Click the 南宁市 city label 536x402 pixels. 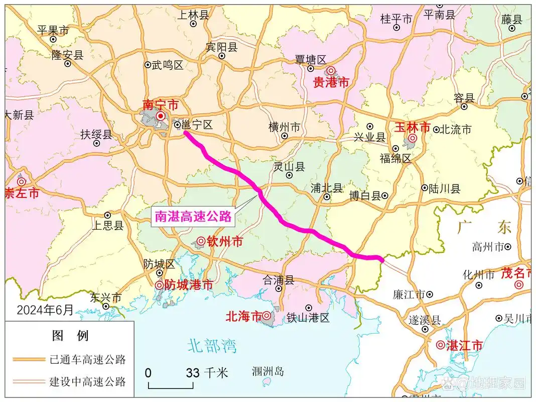[x=160, y=105]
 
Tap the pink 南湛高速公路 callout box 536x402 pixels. [x=193, y=216]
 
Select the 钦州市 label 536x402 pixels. [x=224, y=242]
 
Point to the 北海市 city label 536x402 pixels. [x=244, y=316]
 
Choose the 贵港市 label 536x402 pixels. [x=331, y=83]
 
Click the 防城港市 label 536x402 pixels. [x=189, y=285]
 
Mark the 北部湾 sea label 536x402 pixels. [x=212, y=346]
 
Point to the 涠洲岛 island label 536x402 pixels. [x=267, y=372]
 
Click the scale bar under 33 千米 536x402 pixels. [x=171, y=386]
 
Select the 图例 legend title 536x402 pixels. [x=70, y=335]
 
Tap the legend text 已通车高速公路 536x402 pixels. [x=87, y=359]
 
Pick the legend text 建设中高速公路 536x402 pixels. [x=87, y=381]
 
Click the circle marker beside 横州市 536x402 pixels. [x=285, y=136]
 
